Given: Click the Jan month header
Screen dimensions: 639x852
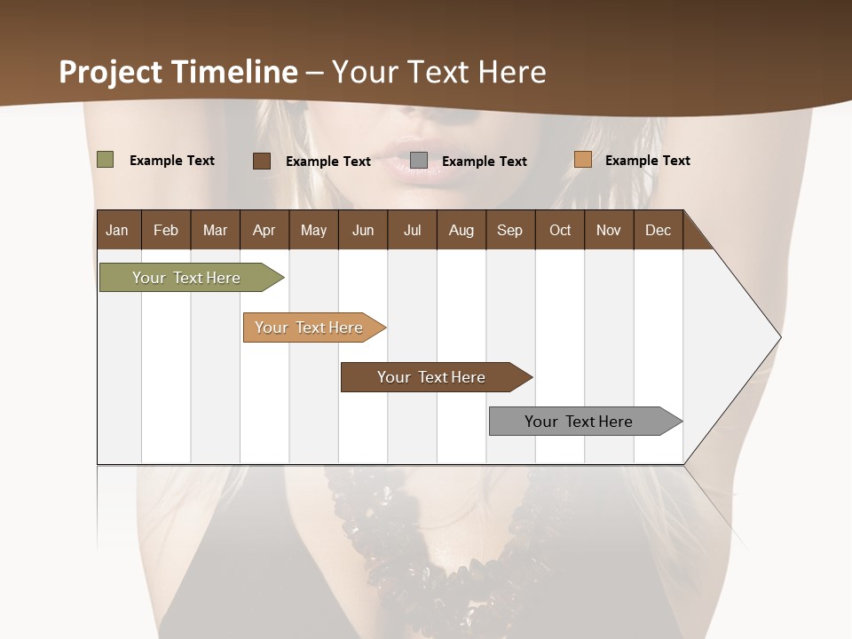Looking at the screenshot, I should click(x=117, y=230).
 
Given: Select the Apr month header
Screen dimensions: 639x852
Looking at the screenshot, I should click(x=264, y=230).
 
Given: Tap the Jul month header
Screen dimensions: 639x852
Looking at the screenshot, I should click(x=412, y=230).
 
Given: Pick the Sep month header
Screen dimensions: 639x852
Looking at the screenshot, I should click(x=509, y=230).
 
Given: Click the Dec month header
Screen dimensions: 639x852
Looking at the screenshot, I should click(x=658, y=230).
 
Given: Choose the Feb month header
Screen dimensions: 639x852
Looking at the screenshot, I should click(x=166, y=230).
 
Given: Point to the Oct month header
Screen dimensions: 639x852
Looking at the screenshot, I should click(x=560, y=230).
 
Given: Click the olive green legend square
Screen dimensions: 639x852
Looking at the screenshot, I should click(x=105, y=160).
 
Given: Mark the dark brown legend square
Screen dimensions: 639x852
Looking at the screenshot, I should click(x=262, y=161).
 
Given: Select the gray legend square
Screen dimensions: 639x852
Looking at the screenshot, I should click(x=419, y=160).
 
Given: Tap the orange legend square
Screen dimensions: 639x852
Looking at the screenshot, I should click(x=582, y=160).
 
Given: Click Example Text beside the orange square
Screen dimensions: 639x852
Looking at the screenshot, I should click(x=647, y=161).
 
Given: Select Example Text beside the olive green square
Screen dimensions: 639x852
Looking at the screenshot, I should click(x=172, y=161).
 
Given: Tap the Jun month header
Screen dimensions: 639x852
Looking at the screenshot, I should click(x=363, y=230).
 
